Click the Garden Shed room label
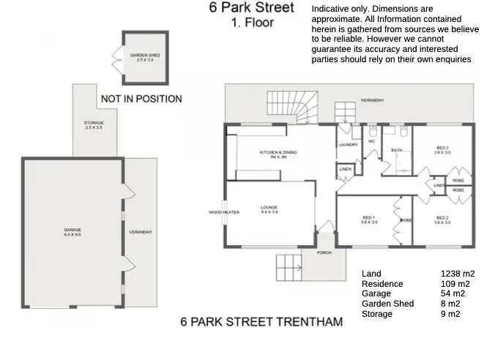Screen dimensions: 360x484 point(141,57)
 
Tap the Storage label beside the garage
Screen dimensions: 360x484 point(94,125)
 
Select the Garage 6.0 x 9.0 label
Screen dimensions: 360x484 point(72,232)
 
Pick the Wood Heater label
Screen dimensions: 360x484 point(223,212)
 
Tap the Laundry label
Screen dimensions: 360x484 point(349,144)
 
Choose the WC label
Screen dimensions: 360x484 point(371,141)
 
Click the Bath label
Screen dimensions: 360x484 point(396,151)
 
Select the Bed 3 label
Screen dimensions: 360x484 point(442,150)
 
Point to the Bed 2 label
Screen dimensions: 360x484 point(442,220)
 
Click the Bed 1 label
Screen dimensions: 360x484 point(369,220)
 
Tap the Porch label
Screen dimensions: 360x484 point(324,252)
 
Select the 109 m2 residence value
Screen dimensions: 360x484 point(455,284)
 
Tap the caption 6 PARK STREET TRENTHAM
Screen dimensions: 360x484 point(261,322)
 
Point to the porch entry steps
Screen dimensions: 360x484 point(288,266)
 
